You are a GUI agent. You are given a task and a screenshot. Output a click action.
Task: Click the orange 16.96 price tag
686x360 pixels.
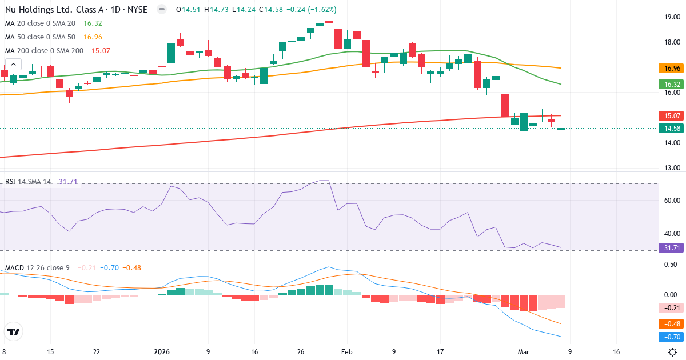672,69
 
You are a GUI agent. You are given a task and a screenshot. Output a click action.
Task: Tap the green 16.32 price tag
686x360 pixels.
672,85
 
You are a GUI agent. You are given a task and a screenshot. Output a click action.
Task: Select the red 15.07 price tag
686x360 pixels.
672,115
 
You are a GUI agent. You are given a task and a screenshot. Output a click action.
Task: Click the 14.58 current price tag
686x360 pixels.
672,129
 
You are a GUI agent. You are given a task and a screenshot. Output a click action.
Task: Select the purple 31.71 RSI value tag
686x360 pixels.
672,248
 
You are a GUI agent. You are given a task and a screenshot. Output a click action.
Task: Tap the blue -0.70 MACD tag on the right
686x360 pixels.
672,337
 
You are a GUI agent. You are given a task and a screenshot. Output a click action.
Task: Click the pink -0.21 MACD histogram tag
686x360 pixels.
672,308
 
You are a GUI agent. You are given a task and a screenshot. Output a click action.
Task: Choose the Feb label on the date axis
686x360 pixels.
347,352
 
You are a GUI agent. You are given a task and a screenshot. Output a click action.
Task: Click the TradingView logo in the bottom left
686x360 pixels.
13,331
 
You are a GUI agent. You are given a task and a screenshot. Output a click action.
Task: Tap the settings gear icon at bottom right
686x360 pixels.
673,352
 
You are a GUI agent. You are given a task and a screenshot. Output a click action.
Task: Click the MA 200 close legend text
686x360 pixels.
44,50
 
